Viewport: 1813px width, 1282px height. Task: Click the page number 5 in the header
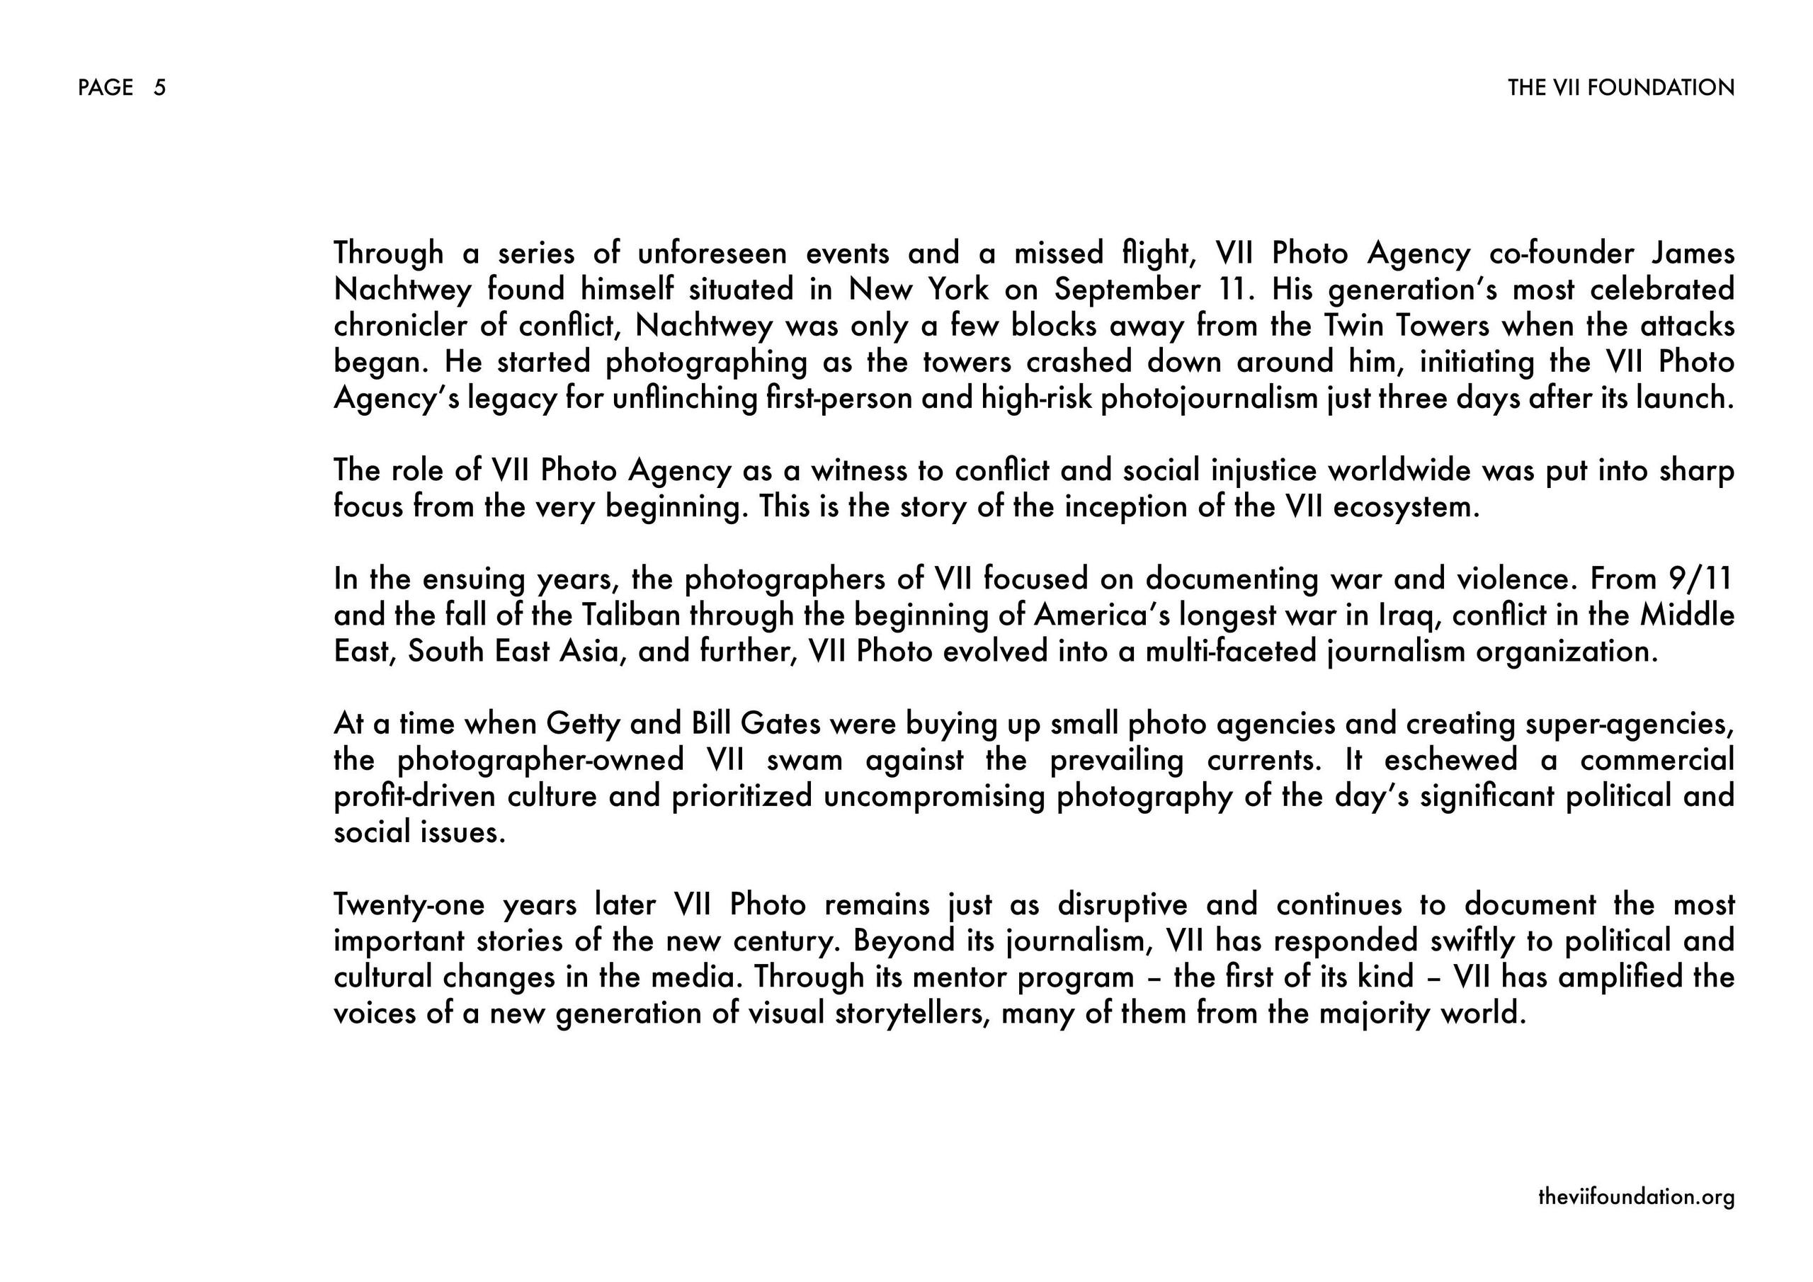[159, 88]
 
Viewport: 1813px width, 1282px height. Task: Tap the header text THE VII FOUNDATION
[1620, 88]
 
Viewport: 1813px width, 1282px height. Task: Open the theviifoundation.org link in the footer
[1636, 1197]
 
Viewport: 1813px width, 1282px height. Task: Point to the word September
[1127, 290]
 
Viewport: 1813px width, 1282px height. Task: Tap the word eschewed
[1450, 760]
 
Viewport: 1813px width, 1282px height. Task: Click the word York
[957, 290]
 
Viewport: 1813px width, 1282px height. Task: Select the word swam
[804, 760]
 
